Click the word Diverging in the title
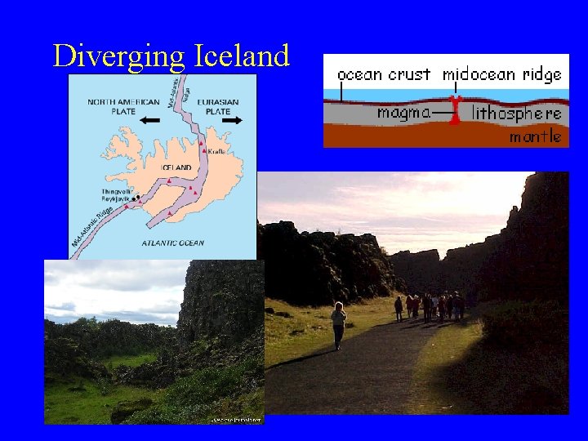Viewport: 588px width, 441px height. [119, 56]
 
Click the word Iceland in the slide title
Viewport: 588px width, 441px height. [243, 56]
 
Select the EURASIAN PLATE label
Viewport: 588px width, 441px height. [218, 106]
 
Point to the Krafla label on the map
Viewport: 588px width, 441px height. [216, 152]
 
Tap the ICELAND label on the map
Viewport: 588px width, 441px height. [176, 167]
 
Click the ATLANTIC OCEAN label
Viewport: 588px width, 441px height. [172, 243]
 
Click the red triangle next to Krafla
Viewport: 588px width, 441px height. [203, 152]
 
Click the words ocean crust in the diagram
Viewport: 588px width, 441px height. [384, 74]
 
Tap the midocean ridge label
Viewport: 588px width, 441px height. [502, 74]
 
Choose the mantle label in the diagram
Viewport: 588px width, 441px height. [536, 136]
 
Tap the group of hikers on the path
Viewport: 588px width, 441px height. [430, 306]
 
